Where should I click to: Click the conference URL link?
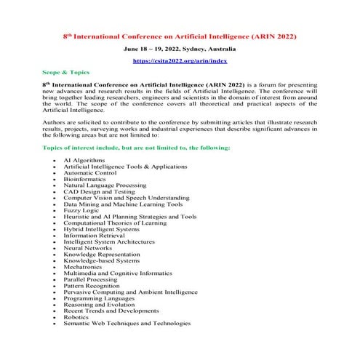179,62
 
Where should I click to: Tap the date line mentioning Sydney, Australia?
179,49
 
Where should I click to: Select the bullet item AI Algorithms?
84,159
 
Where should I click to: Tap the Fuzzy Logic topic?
82,210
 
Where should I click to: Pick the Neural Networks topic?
89,249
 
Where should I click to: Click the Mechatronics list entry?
86,268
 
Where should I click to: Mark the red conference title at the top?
179,35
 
